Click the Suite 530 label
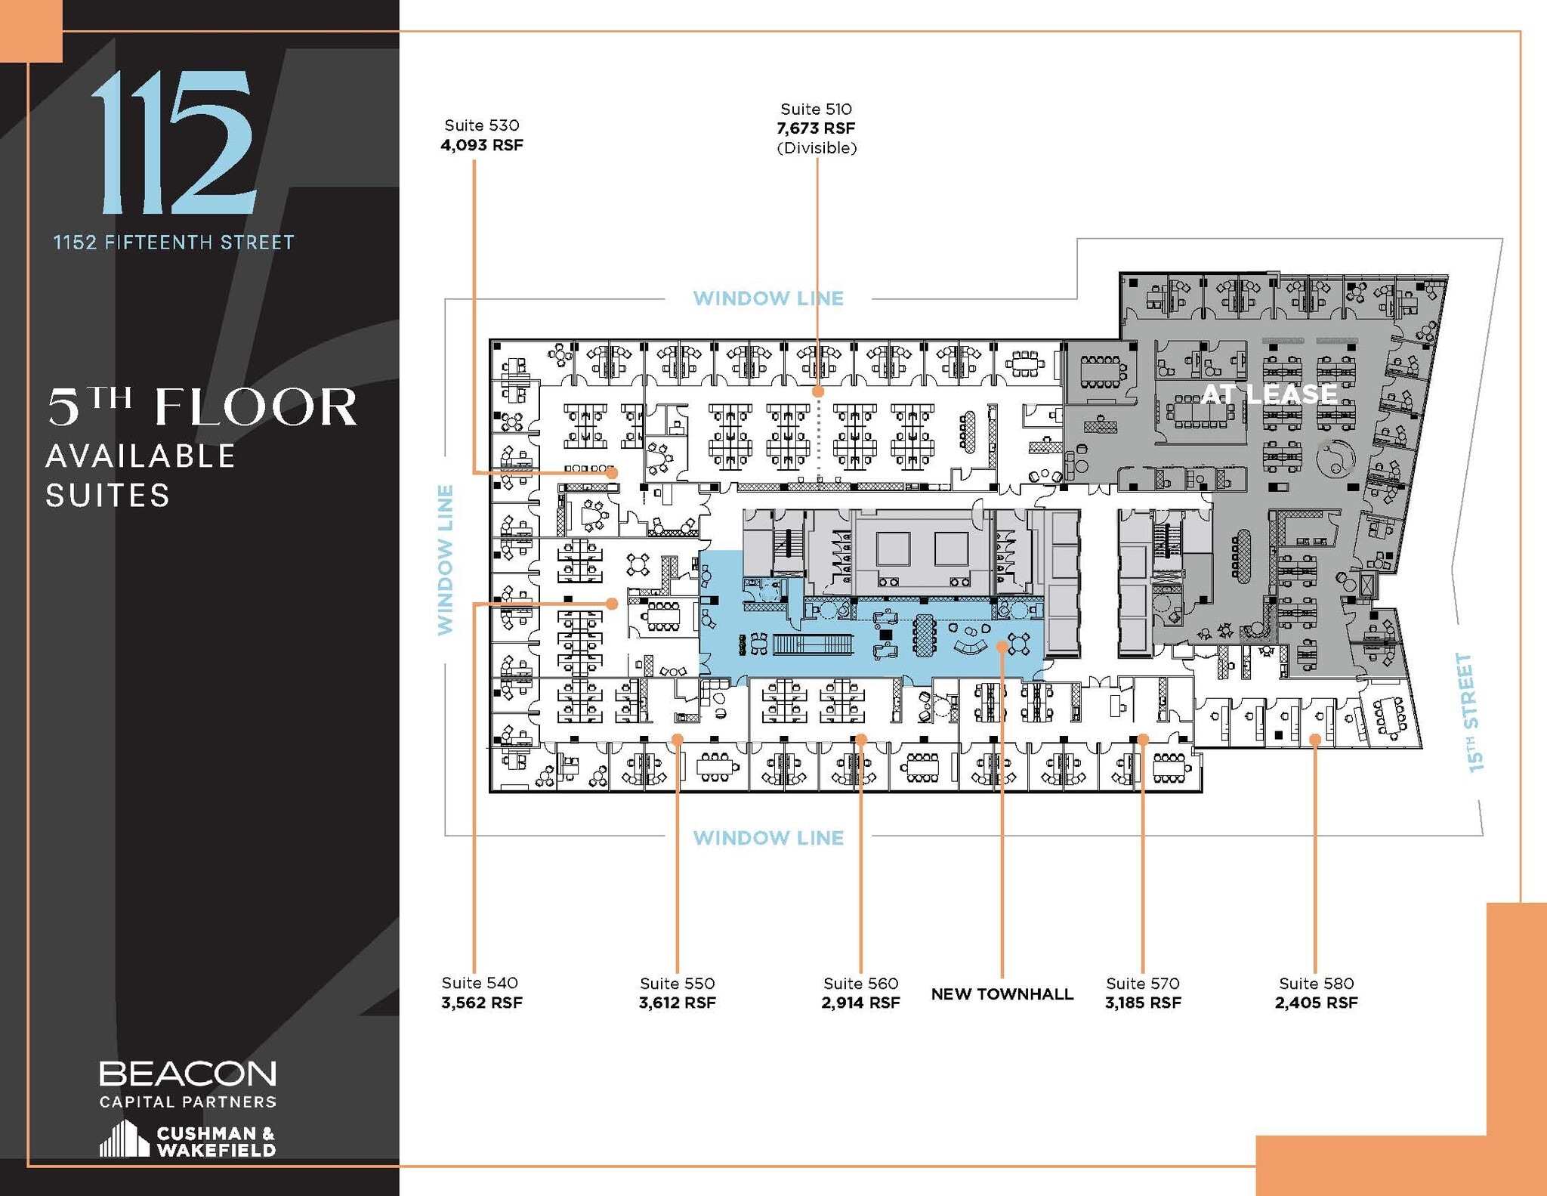[481, 125]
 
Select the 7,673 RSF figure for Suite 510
[816, 128]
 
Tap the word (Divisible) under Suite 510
[817, 148]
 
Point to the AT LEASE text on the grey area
[1269, 394]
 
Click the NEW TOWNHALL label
[1002, 994]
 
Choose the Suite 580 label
[1316, 983]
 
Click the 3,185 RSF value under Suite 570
[1142, 1003]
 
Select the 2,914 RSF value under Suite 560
[860, 1003]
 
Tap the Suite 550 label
[677, 983]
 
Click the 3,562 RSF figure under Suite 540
[481, 1003]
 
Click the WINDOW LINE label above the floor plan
[768, 298]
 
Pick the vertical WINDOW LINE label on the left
[446, 559]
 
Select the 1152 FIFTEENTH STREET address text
[173, 243]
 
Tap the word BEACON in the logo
[187, 1074]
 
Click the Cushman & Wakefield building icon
[124, 1139]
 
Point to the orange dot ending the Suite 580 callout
[1315, 740]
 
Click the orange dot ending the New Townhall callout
[1002, 646]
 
